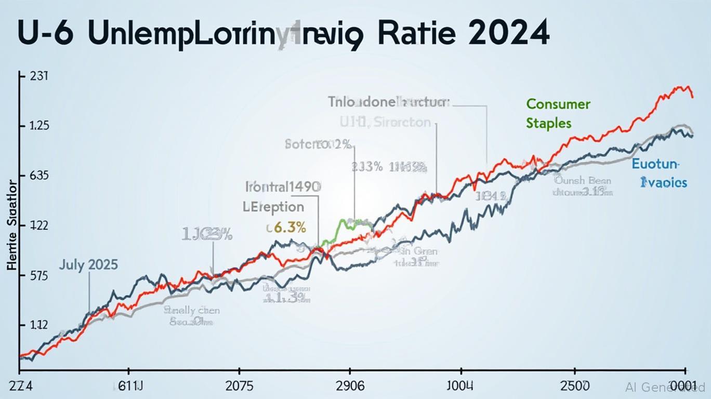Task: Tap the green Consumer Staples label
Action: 558,113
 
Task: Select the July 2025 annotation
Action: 88,264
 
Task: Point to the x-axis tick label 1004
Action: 460,387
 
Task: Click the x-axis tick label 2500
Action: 574,387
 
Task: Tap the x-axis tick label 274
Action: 21,387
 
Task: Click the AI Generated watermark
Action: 665,387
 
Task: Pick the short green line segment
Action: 347,224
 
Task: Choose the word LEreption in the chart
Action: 273,206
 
